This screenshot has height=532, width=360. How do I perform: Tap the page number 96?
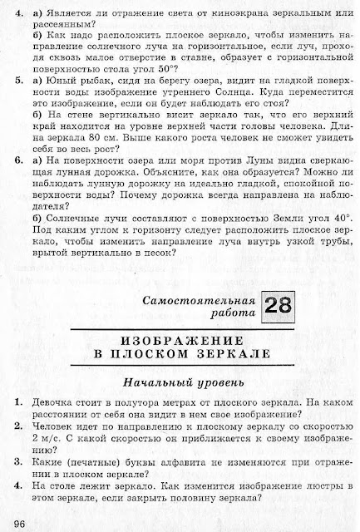pyautogui.click(x=21, y=522)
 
